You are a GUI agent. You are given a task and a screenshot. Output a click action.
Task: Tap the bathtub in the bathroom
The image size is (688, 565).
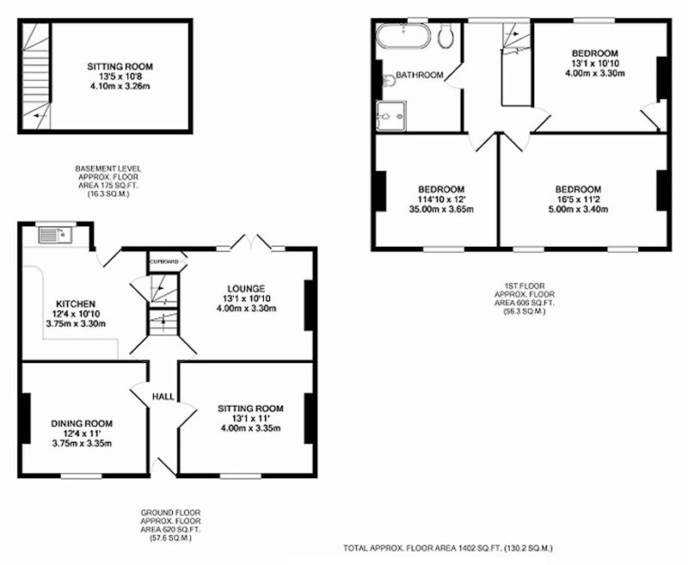pyautogui.click(x=403, y=35)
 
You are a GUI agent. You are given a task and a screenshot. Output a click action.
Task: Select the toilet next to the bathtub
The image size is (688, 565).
pyautogui.click(x=445, y=35)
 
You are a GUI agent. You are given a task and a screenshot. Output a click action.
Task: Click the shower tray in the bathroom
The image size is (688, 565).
pyautogui.click(x=391, y=116)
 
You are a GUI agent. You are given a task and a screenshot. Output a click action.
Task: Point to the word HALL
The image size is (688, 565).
pyautogui.click(x=163, y=396)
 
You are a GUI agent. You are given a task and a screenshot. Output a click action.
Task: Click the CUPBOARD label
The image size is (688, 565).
pyautogui.click(x=164, y=262)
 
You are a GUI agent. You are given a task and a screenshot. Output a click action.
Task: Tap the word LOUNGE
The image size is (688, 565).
pyautogui.click(x=246, y=289)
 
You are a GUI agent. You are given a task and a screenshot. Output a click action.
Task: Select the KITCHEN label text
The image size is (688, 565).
pyautogui.click(x=76, y=304)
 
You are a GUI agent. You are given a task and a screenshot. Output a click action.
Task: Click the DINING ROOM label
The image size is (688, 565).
pyautogui.click(x=82, y=424)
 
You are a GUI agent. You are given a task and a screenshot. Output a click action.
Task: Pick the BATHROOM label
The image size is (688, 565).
pyautogui.click(x=420, y=75)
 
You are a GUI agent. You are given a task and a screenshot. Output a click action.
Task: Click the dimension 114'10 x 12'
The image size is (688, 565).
pyautogui.click(x=441, y=200)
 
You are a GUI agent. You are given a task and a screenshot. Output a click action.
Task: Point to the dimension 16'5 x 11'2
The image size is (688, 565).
pyautogui.click(x=578, y=200)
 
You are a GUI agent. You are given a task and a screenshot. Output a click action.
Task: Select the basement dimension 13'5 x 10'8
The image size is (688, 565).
pyautogui.click(x=120, y=77)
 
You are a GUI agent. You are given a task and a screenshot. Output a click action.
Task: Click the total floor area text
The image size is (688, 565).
pyautogui.click(x=448, y=548)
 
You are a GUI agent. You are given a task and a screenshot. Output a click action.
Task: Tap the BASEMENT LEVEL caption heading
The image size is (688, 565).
pyautogui.click(x=108, y=169)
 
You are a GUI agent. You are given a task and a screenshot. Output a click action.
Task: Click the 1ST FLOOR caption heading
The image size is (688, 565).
pyautogui.click(x=525, y=286)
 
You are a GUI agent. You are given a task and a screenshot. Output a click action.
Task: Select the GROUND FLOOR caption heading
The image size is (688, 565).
pyautogui.click(x=170, y=513)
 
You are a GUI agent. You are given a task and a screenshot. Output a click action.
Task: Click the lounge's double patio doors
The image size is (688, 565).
pyautogui.click(x=251, y=243)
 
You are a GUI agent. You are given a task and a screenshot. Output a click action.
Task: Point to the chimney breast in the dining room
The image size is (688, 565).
pyautogui.click(x=27, y=418)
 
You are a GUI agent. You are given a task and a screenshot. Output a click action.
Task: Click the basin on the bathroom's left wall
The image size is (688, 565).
pyautogui.click(x=387, y=81)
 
